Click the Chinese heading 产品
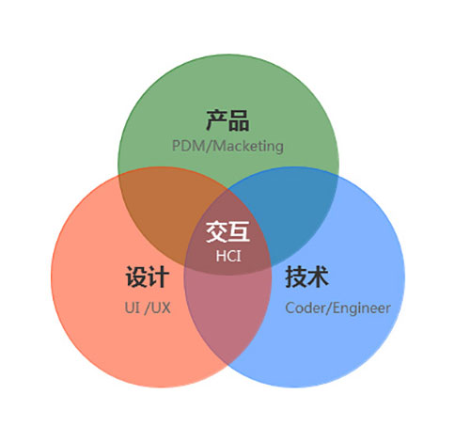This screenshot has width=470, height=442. (x=227, y=120)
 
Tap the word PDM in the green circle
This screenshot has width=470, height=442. (x=189, y=146)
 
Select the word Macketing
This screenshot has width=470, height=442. (x=248, y=147)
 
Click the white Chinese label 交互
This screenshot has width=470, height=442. (x=227, y=231)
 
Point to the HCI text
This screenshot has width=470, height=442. (x=228, y=256)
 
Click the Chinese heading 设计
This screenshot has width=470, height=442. (x=148, y=276)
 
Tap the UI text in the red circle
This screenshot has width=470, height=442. (x=132, y=308)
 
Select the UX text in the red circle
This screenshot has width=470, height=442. (x=161, y=308)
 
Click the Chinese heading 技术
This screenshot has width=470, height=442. (x=306, y=276)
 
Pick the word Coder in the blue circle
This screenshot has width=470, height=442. (x=305, y=308)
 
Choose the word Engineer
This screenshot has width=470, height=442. (x=362, y=308)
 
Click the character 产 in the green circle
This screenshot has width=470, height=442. (x=216, y=120)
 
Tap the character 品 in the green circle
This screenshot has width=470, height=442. (x=239, y=120)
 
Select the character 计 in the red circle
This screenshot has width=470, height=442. (x=159, y=276)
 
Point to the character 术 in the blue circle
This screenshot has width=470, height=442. (x=318, y=276)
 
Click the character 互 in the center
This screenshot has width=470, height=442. (x=239, y=231)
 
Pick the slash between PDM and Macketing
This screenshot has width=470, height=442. (x=209, y=147)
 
